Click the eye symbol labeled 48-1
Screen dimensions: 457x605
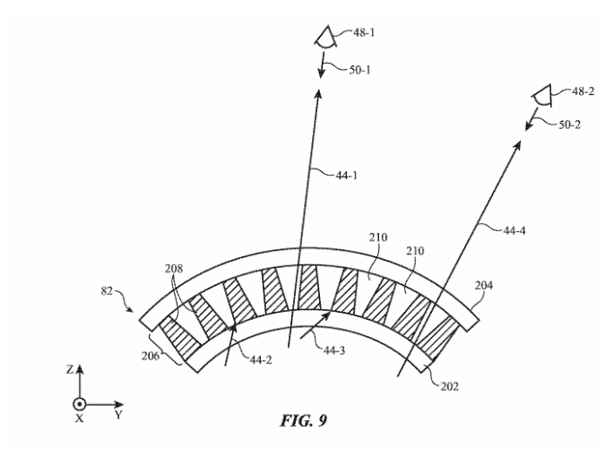(x=324, y=37)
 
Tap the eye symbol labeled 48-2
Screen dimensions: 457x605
(x=540, y=92)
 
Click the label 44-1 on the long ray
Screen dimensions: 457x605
(x=344, y=177)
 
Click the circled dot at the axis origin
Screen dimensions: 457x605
(x=79, y=403)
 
